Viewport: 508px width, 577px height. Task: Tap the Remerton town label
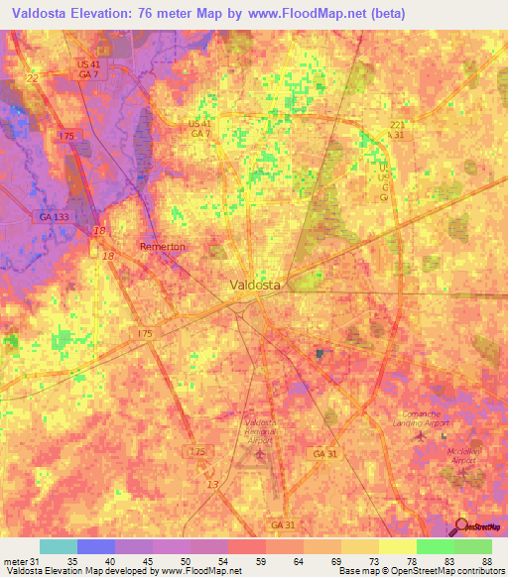point(162,247)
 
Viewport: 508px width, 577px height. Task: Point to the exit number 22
point(32,78)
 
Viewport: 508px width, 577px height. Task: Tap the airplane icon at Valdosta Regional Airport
point(261,454)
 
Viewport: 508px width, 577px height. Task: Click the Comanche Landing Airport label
point(425,417)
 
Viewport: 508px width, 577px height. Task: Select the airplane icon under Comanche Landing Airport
point(418,434)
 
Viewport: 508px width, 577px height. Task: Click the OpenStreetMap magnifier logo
point(461,528)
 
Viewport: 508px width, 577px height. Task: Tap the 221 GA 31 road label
point(396,130)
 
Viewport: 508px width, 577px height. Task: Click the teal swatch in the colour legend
point(58,546)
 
